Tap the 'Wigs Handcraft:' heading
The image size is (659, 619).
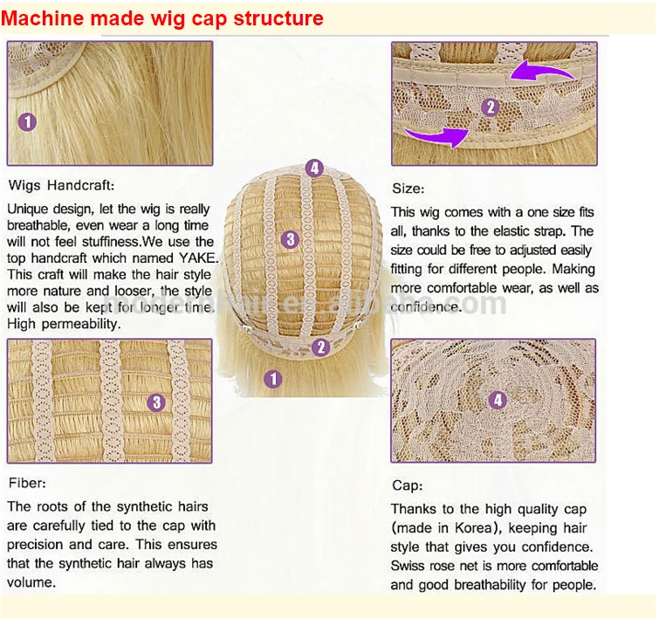(60, 185)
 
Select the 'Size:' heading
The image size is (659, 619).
(408, 188)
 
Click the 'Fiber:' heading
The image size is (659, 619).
(27, 483)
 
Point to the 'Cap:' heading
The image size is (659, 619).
(407, 485)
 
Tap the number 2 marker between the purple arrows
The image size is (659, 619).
(489, 108)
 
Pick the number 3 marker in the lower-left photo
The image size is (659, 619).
(156, 402)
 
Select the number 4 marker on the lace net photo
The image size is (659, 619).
(498, 401)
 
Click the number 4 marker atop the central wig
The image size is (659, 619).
(314, 169)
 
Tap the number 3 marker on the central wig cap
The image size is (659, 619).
(291, 239)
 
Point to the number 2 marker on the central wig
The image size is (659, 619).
(321, 347)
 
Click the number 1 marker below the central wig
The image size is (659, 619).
(273, 378)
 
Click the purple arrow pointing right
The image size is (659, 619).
(436, 136)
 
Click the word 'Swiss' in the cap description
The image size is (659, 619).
(410, 566)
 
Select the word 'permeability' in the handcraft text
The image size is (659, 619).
(81, 324)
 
